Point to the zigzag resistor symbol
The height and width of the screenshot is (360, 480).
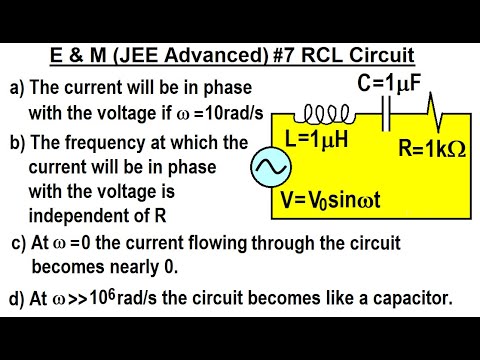[430, 105]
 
